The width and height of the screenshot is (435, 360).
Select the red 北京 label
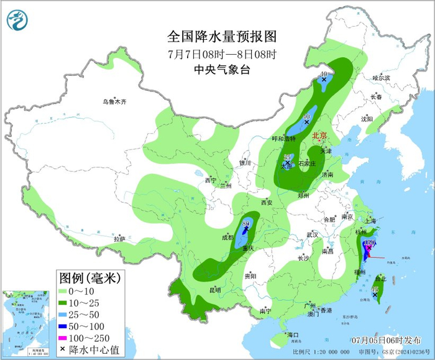click(x=318, y=134)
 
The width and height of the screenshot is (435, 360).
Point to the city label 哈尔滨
click(x=381, y=78)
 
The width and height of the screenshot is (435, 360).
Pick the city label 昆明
click(x=215, y=290)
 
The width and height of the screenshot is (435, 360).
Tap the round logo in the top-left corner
click(x=17, y=20)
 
